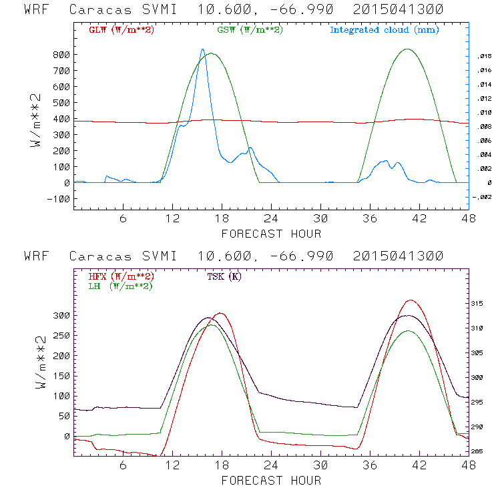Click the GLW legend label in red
point(121,30)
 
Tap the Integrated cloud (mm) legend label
point(385,30)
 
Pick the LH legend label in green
point(119,286)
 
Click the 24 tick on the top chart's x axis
point(271,219)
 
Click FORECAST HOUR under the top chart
point(271,234)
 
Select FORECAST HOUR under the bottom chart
point(271,481)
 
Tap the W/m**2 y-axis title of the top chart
point(39,120)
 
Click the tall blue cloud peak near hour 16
point(202,49)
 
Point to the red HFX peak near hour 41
point(410,300)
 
